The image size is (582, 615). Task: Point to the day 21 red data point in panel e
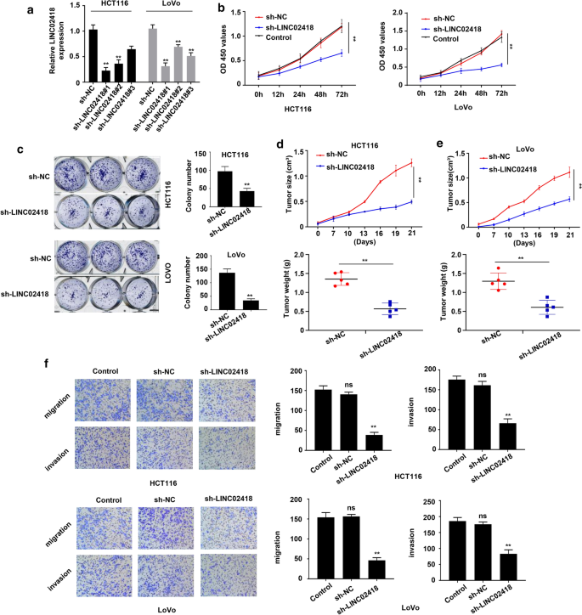click(x=545, y=172)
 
